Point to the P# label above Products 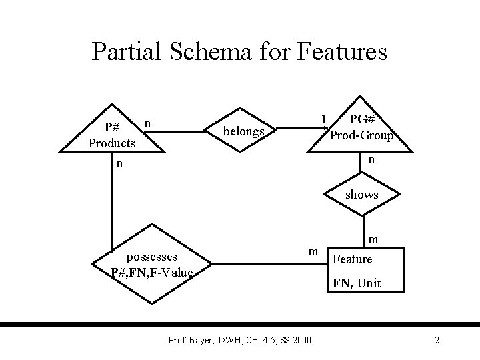[x=112, y=127]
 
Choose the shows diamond [x=362, y=195]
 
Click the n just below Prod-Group [x=371, y=160]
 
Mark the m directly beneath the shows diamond [x=374, y=239]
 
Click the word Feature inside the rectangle [x=353, y=259]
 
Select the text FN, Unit [x=357, y=283]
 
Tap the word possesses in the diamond [x=152, y=257]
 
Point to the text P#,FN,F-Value [x=153, y=272]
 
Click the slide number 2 [x=437, y=341]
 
